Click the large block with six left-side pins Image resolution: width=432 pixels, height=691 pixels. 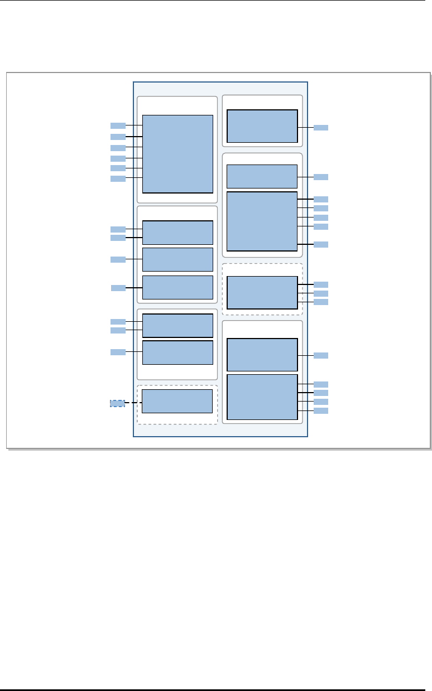pos(177,153)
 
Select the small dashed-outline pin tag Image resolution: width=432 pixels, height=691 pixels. pos(117,403)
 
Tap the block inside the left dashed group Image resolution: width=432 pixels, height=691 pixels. pos(177,401)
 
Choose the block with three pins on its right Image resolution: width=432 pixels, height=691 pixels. pos(262,292)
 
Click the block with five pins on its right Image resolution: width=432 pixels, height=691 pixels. pos(262,221)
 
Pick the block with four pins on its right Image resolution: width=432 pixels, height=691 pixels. pos(262,397)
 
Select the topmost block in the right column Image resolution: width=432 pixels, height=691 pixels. pos(262,126)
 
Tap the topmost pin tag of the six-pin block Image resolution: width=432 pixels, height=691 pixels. pos(118,125)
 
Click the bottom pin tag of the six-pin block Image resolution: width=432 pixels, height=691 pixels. pos(118,178)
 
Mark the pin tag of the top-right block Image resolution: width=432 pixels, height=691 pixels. pos(321,128)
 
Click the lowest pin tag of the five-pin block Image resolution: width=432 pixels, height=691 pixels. pos(321,244)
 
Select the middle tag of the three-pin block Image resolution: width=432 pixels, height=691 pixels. pos(321,293)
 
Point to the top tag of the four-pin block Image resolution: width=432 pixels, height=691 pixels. pos(321,384)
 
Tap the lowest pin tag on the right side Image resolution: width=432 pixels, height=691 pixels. pos(321,410)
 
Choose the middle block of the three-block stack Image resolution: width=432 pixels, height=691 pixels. pos(177,259)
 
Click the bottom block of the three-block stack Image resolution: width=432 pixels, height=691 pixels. pos(177,287)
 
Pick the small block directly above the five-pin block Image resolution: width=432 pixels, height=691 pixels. pos(262,176)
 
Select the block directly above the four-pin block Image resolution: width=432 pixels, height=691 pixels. pos(262,354)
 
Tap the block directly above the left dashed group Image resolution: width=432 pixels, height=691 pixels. pos(177,352)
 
